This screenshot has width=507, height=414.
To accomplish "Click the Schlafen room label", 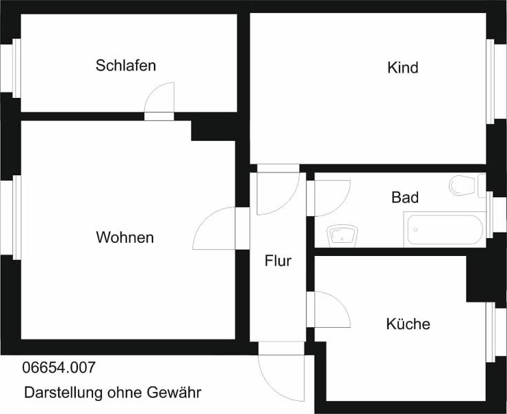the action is point(126,66).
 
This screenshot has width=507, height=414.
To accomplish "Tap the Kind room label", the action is point(403,68).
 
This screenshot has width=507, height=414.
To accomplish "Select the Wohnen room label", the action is point(125,237).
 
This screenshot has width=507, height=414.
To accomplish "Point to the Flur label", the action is point(278,261).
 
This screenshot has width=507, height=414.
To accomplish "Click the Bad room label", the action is point(405,197).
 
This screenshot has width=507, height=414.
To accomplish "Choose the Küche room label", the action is point(408,324).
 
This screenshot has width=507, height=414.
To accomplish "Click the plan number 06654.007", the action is point(59,367).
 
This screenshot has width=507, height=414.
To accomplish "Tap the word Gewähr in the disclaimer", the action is point(174,393).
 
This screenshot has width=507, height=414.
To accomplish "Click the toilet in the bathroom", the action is point(463,186).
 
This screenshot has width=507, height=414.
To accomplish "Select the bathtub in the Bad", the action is point(445,230).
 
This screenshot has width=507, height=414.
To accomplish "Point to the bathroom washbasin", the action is point(342,236).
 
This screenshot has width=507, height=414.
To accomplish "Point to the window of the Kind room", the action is point(491,81).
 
